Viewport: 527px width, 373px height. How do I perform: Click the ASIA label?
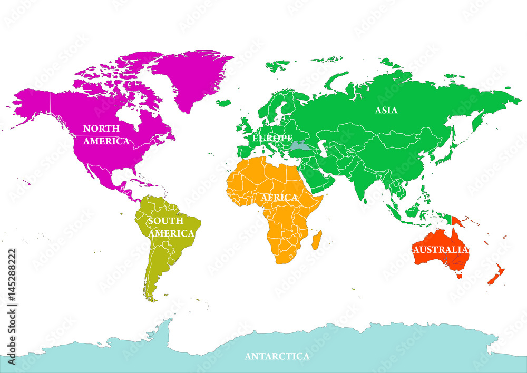click(x=386, y=110)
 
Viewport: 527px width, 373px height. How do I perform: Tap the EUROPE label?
click(x=272, y=138)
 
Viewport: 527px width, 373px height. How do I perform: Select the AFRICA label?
click(x=279, y=198)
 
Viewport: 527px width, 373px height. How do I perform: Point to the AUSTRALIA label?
click(x=441, y=249)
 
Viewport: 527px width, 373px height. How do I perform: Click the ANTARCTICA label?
click(x=277, y=357)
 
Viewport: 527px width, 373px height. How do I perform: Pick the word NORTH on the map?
click(x=101, y=129)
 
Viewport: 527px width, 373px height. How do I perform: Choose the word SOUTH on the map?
click(x=165, y=221)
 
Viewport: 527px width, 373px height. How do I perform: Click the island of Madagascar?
click(x=317, y=240)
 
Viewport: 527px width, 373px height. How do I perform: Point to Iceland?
click(x=224, y=103)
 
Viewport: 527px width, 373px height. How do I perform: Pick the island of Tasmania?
click(x=458, y=275)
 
